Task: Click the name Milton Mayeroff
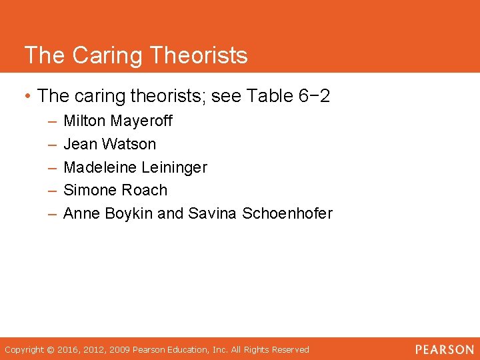(118, 121)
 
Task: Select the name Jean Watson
(110, 144)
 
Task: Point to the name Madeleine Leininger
(135, 167)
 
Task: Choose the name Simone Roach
(115, 190)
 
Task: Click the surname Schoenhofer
(287, 213)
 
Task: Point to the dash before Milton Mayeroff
(52, 121)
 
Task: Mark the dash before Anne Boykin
(52, 213)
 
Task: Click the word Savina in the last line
(213, 213)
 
